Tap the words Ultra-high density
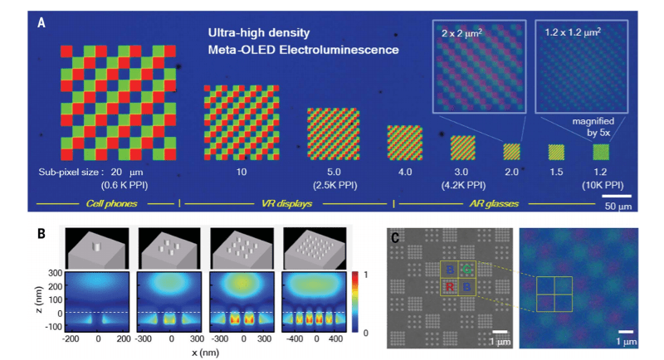(258, 34)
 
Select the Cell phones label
(113, 202)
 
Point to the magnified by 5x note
(594, 125)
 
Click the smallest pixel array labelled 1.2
(600, 152)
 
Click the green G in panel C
(469, 270)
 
